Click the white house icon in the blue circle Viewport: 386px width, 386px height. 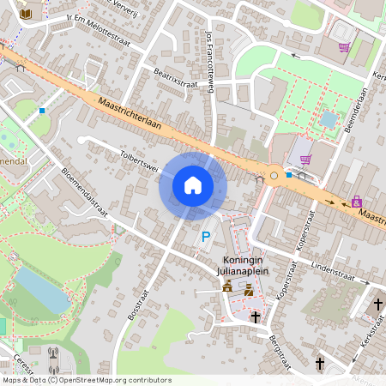coord(193,185)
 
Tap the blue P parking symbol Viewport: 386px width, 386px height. coord(205,236)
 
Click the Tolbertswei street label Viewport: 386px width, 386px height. coord(140,163)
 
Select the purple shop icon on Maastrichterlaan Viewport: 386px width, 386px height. coord(356,202)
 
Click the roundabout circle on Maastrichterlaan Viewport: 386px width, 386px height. coord(274,176)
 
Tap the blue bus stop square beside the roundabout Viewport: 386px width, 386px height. coord(289,175)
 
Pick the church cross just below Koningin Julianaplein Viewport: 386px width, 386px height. coord(255,317)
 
